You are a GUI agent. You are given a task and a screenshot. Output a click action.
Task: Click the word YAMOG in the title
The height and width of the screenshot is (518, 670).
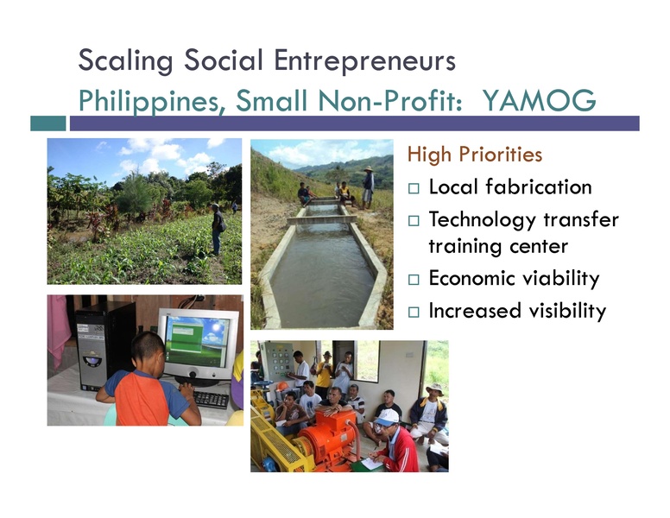coord(539,102)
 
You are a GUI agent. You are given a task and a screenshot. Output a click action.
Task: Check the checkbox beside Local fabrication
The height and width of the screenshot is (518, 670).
coord(414,188)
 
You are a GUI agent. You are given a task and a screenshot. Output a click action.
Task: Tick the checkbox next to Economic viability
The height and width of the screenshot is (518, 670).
coord(414,280)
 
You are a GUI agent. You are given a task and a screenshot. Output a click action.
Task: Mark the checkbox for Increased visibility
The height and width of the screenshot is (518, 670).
coord(414,312)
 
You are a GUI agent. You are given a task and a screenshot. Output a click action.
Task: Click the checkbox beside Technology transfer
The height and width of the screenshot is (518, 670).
coord(414,220)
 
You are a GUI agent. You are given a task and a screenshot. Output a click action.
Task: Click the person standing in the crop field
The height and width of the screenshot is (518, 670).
coord(217,228)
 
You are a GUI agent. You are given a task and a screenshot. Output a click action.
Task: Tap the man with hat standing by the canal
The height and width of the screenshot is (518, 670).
coord(368,185)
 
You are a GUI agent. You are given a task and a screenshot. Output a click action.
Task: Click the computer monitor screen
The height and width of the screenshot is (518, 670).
coord(198,339)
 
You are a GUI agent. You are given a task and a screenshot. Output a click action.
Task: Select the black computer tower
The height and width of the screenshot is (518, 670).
coord(102,342)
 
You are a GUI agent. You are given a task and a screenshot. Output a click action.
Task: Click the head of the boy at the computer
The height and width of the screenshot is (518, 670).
coord(149,350)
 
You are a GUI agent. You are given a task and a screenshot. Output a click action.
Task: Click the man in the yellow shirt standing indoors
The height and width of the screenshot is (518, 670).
coord(324,373)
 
